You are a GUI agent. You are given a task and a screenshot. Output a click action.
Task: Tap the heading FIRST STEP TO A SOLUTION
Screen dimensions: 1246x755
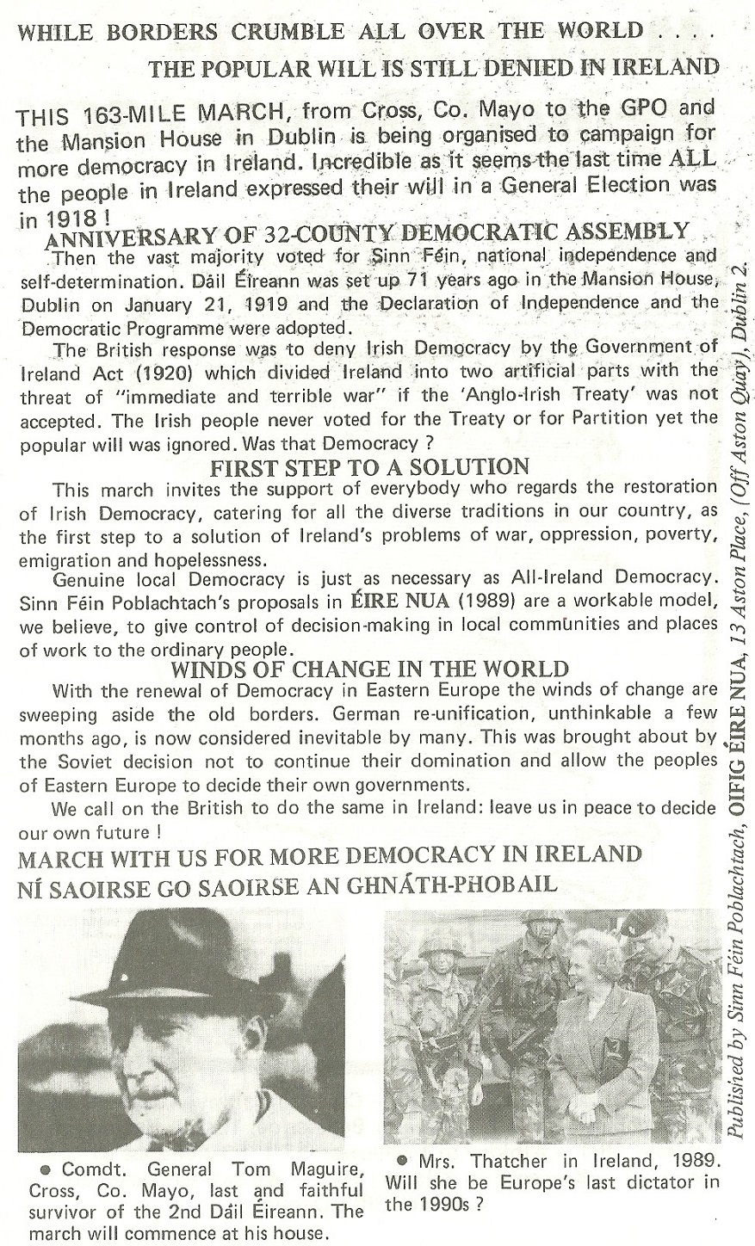pos(369,467)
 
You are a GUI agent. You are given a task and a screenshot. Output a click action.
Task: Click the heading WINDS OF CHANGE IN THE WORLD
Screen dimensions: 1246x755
pos(370,669)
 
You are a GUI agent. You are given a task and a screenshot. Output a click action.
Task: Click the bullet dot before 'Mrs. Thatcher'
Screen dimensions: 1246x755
pos(402,1159)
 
